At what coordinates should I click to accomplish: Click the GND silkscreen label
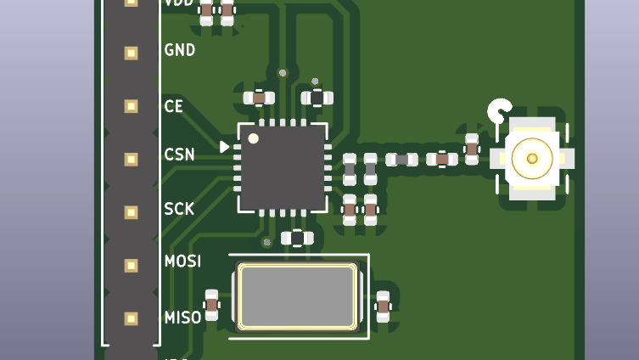click(x=179, y=50)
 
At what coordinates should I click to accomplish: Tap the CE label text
click(x=173, y=106)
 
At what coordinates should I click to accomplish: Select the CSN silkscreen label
click(x=179, y=155)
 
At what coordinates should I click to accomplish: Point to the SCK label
click(x=179, y=209)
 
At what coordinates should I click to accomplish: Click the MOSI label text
click(x=182, y=261)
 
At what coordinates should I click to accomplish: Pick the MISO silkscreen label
click(x=182, y=317)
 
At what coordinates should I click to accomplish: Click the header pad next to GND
click(x=131, y=53)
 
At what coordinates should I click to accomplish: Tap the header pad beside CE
click(x=131, y=106)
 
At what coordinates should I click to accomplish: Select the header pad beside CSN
click(x=131, y=159)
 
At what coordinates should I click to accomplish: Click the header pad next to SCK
click(x=131, y=211)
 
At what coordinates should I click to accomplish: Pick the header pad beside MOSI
click(x=131, y=265)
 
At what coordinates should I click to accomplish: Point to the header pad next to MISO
click(x=131, y=318)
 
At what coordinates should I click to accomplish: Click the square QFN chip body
click(x=283, y=167)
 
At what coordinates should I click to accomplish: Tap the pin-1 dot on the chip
click(x=253, y=138)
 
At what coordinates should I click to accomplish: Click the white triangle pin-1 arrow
click(x=224, y=147)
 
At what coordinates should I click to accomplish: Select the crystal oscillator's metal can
click(x=296, y=296)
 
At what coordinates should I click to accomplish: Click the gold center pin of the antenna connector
click(x=532, y=158)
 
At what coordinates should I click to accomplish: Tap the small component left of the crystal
click(x=211, y=305)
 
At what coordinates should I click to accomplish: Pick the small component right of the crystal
click(x=383, y=307)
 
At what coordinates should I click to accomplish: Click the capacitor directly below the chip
click(x=297, y=238)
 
